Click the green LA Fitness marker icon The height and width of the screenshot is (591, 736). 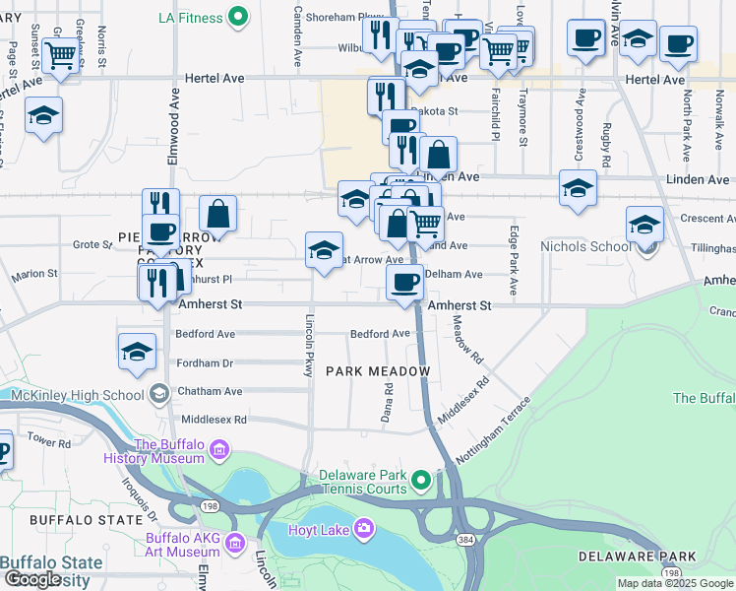click(237, 17)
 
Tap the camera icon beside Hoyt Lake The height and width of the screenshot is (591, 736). click(364, 529)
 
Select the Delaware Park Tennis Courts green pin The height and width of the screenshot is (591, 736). click(422, 482)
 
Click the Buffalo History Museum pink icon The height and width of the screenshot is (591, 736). click(218, 451)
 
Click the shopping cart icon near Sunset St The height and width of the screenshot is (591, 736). click(61, 56)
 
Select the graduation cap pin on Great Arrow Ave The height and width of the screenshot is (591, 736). click(324, 250)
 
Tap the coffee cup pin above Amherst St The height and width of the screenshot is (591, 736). click(404, 284)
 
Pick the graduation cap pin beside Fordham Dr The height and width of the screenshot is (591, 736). click(138, 352)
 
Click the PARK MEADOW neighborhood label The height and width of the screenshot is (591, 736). click(379, 371)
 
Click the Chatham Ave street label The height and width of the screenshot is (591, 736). click(210, 391)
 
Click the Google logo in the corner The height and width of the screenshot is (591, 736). click(32, 579)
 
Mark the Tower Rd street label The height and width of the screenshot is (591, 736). click(50, 441)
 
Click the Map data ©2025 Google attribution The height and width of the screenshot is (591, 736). click(675, 583)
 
